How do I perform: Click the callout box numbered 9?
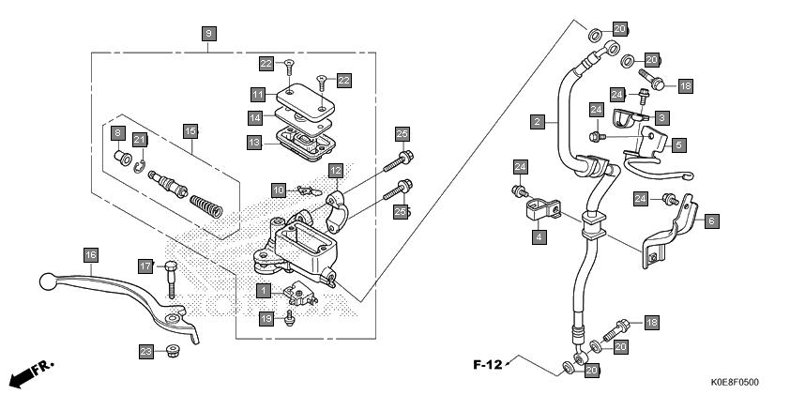208,35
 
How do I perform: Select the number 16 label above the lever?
91,255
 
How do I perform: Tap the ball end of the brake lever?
47,281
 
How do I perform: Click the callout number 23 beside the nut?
146,352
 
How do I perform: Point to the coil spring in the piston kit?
206,206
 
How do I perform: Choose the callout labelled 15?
190,132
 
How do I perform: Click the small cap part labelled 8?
122,158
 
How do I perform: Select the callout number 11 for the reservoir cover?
258,95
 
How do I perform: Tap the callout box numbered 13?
254,143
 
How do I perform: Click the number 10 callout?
279,190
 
